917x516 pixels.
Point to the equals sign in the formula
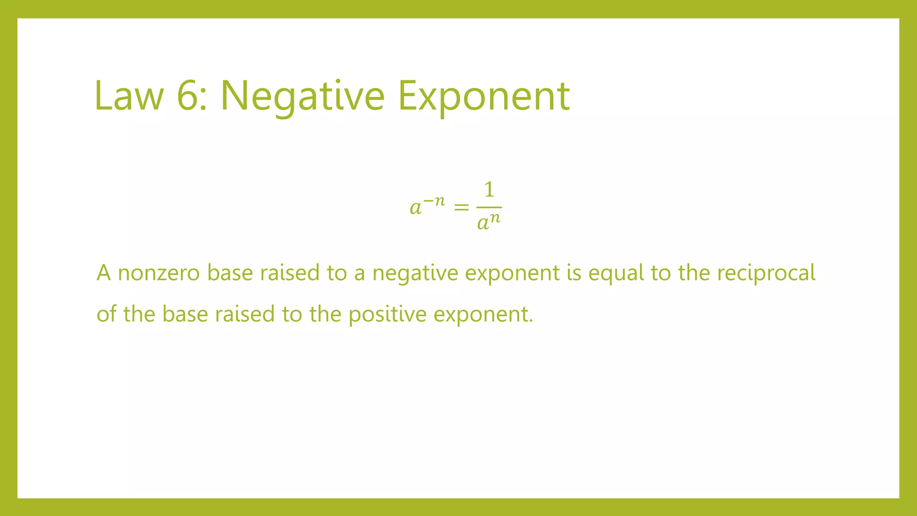click(x=461, y=207)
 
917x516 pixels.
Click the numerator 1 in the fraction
click(x=489, y=189)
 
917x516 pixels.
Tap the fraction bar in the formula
click(x=489, y=207)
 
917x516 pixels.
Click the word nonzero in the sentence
click(x=159, y=273)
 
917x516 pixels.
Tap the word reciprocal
click(x=766, y=273)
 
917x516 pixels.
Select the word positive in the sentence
click(x=387, y=314)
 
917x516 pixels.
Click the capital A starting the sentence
click(x=103, y=273)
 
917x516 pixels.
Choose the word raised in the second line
click(x=245, y=314)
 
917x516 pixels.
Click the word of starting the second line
click(x=106, y=314)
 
